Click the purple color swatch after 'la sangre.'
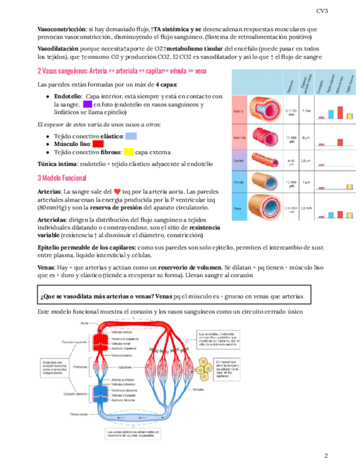[87, 104]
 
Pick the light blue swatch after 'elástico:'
[131, 135]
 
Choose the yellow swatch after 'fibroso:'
[128, 152]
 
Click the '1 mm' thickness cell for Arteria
[307, 112]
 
